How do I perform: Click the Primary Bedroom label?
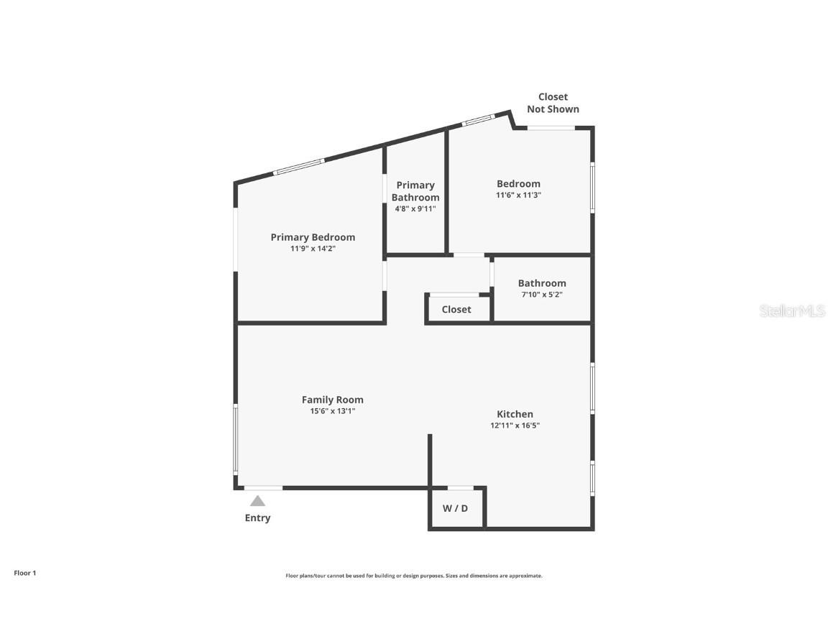click(x=313, y=238)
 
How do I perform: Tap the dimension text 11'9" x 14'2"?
click(x=313, y=249)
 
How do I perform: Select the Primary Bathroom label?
click(x=415, y=191)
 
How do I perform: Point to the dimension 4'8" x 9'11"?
click(x=415, y=209)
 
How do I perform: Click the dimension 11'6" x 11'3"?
click(x=518, y=195)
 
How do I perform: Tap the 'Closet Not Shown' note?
click(x=553, y=103)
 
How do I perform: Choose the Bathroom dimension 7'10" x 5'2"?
click(x=542, y=295)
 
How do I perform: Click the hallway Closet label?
click(x=456, y=310)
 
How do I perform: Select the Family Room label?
click(x=333, y=400)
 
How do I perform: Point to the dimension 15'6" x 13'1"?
click(x=333, y=411)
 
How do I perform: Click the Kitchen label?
click(x=515, y=415)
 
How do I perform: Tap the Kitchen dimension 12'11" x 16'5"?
click(x=515, y=425)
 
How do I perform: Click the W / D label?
click(x=455, y=509)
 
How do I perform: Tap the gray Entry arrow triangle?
click(x=258, y=501)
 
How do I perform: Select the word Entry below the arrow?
click(x=258, y=518)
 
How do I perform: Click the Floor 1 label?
click(x=25, y=573)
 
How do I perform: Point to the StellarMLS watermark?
click(x=792, y=311)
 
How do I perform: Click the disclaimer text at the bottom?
click(x=414, y=576)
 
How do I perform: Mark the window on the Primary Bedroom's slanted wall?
click(x=299, y=166)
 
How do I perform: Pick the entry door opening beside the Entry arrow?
click(x=264, y=488)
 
